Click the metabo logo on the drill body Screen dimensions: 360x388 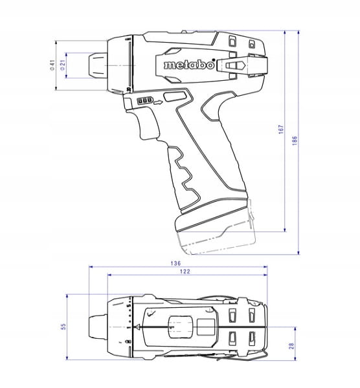coord(189,65)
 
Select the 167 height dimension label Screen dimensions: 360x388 coord(281,129)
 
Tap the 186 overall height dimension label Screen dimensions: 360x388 coord(295,140)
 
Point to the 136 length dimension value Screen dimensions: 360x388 coord(175,263)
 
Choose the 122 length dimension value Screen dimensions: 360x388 coord(185,272)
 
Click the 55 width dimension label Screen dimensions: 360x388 coord(63,327)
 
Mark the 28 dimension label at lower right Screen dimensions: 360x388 coord(291,346)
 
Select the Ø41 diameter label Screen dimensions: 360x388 coord(52,65)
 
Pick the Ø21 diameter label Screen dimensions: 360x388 coord(63,65)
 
